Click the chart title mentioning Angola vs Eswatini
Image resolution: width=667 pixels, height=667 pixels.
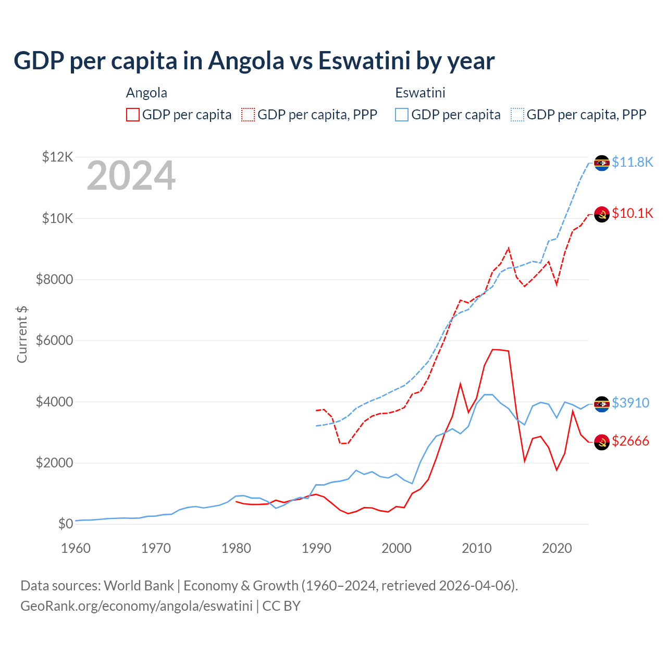254,61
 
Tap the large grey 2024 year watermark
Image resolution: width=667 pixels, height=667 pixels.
131,176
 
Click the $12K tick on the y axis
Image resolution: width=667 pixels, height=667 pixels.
57,157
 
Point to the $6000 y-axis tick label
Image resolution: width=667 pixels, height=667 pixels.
54,341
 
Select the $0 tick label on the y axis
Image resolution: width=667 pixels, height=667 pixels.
65,524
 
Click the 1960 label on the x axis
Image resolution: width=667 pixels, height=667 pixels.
76,548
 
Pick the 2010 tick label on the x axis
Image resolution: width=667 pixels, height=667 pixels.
477,548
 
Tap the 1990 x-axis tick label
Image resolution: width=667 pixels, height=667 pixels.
316,548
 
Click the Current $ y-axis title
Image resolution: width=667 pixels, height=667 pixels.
22,335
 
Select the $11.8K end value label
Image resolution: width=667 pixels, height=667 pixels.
632,163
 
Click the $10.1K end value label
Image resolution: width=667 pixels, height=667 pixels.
632,213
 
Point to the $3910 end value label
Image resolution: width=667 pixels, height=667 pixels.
630,403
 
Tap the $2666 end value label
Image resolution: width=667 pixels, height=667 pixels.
630,441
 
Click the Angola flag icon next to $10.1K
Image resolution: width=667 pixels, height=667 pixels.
602,214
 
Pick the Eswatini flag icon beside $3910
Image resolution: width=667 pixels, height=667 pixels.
602,404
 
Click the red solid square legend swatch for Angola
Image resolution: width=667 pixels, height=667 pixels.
133,115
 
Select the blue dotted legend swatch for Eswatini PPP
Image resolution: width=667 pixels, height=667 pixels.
517,115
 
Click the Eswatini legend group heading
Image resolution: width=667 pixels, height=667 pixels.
420,93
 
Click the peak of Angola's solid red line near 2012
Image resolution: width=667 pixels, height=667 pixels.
493,349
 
